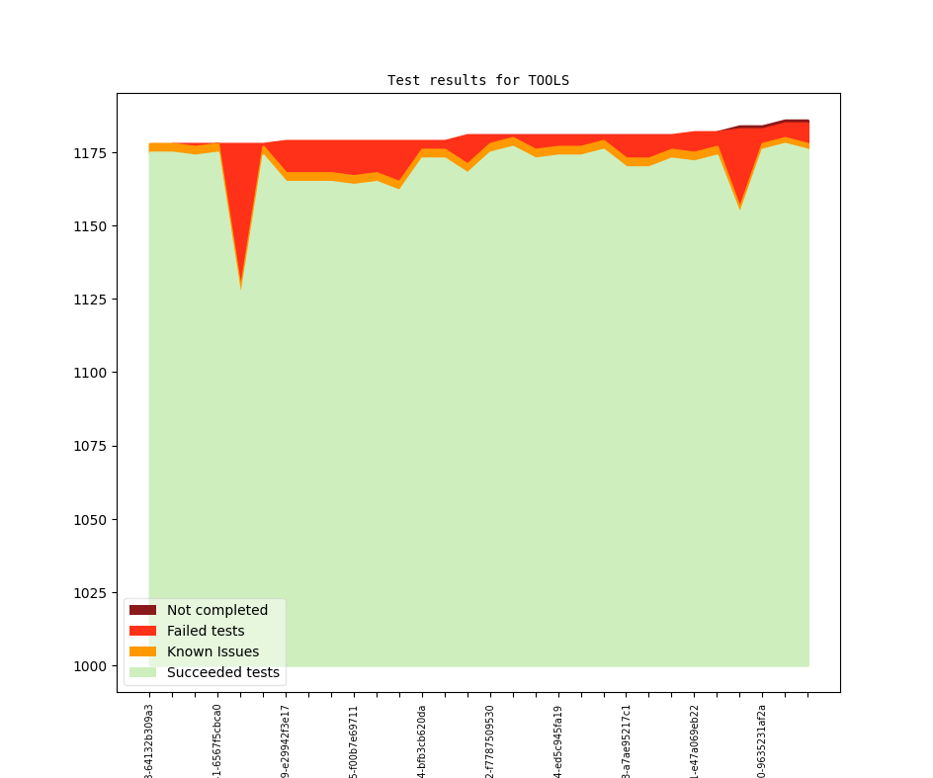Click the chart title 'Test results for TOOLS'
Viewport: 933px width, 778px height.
click(477, 80)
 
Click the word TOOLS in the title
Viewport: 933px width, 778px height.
click(549, 80)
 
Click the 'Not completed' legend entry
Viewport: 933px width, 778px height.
click(216, 610)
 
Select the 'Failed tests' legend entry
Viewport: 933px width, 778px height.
click(205, 631)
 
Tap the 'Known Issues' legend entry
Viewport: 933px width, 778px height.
click(212, 651)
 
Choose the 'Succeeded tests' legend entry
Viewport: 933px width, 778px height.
click(222, 672)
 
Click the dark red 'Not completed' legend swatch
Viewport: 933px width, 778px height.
click(142, 610)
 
